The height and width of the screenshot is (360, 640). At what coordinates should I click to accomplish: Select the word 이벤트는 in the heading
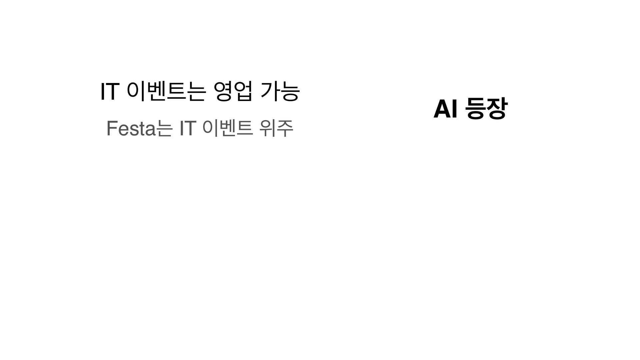point(165,92)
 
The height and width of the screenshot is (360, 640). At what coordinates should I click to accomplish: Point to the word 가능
point(280,92)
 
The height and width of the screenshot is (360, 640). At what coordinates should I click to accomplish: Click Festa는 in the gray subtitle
point(139,129)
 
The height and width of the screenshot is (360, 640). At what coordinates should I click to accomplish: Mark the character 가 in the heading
point(270,92)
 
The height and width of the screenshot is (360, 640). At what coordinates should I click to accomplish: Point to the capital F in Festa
point(111,129)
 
